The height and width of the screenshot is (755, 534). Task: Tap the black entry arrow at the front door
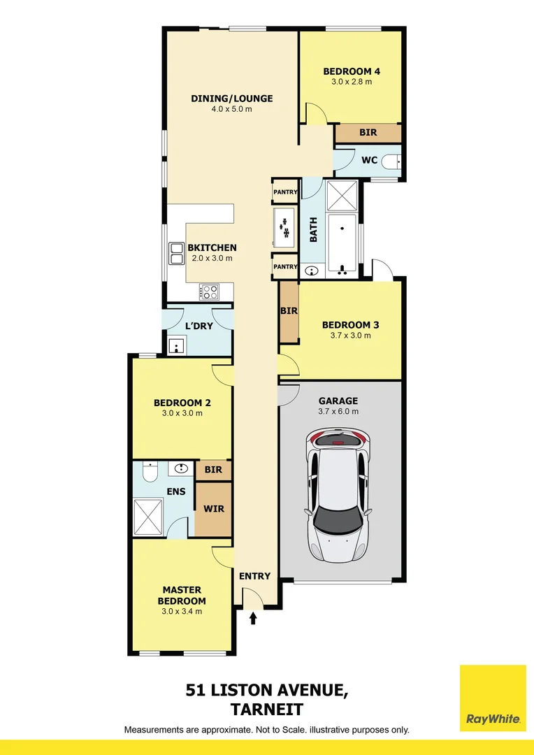[254, 618]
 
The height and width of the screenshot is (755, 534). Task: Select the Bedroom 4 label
[352, 71]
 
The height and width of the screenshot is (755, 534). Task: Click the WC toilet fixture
[394, 161]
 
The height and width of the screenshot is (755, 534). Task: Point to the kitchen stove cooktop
[209, 291]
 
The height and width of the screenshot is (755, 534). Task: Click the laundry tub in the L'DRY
[175, 345]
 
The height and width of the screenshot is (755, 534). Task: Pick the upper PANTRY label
[285, 192]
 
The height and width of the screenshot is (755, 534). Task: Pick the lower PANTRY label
[285, 266]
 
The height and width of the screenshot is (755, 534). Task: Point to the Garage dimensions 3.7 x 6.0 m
[338, 412]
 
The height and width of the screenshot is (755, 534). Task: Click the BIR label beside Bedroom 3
[289, 311]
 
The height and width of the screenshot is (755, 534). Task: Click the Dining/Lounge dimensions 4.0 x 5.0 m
[231, 109]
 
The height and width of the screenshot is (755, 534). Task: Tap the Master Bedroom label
[182, 596]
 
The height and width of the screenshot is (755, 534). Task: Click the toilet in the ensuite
[149, 475]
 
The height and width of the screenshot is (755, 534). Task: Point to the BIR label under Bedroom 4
[368, 132]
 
